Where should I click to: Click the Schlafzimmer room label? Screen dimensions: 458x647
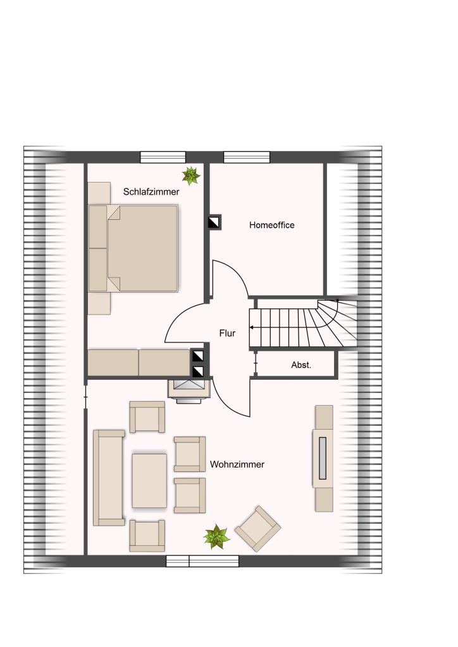tap(151, 192)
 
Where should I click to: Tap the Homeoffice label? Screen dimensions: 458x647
tap(272, 225)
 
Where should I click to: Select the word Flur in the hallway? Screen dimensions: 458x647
tap(227, 333)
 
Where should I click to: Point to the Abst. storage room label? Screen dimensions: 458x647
tap(301, 365)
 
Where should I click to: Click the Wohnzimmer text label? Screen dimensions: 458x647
tap(237, 464)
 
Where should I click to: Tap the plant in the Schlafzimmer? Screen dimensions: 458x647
tap(191, 176)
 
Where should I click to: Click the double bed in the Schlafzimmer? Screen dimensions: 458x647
tap(133, 248)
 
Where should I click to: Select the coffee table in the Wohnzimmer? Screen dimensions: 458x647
tap(149, 481)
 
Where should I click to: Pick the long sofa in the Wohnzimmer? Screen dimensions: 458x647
tap(109, 478)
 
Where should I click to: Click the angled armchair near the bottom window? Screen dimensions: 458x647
tap(257, 529)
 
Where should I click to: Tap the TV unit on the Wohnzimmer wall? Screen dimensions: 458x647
tap(324, 459)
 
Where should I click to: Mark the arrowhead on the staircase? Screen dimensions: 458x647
tap(252, 328)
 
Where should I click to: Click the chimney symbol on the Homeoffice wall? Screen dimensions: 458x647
tap(214, 222)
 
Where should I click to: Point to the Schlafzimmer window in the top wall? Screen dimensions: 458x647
tap(163, 157)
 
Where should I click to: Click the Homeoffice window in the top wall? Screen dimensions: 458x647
tap(247, 157)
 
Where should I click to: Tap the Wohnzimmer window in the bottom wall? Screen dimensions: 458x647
tap(202, 561)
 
